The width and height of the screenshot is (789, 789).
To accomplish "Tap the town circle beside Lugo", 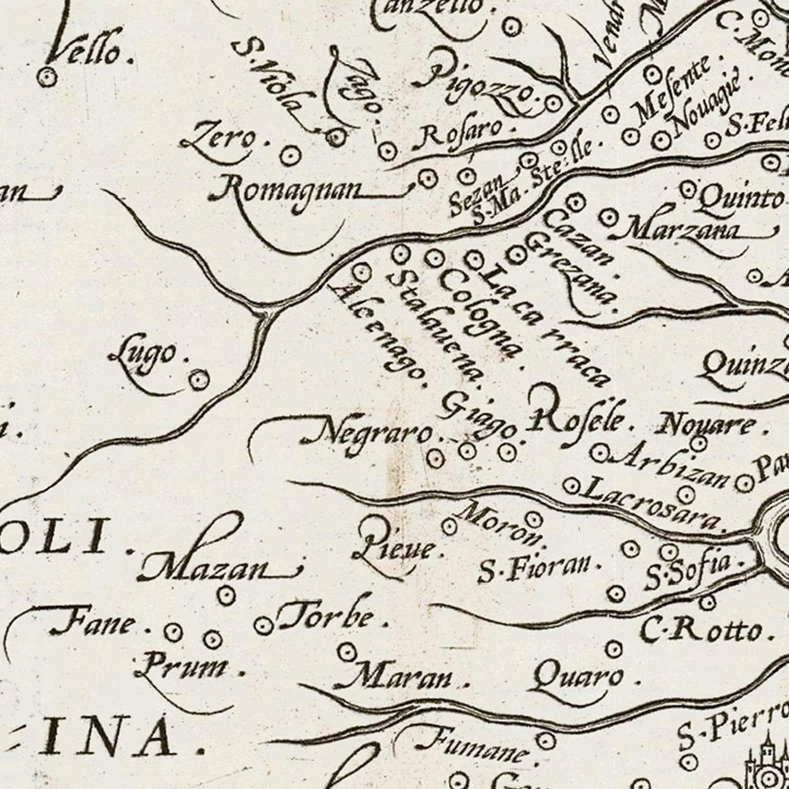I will tap(198, 379).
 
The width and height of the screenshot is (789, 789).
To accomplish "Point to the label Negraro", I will tap(368, 433).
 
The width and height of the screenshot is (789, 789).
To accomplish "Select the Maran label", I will tap(394, 679).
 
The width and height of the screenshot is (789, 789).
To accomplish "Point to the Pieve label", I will tap(394, 547).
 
